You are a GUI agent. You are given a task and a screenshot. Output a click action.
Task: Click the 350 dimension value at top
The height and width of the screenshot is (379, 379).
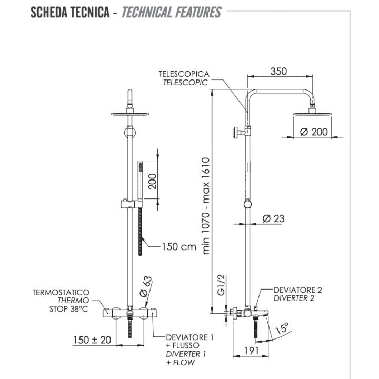pyautogui.click(x=278, y=72)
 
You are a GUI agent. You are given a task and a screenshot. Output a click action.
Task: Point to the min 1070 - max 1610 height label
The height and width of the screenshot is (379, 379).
pyautogui.click(x=207, y=206)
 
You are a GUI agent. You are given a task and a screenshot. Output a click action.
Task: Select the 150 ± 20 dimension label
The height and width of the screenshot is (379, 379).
pyautogui.click(x=93, y=340)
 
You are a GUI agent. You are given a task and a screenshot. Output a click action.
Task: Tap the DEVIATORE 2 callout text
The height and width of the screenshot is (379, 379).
pyautogui.click(x=297, y=290)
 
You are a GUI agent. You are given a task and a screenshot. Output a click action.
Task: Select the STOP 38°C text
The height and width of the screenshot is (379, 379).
pyautogui.click(x=68, y=310)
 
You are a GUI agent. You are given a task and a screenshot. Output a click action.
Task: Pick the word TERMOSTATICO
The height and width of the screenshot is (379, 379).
pyautogui.click(x=61, y=292)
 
